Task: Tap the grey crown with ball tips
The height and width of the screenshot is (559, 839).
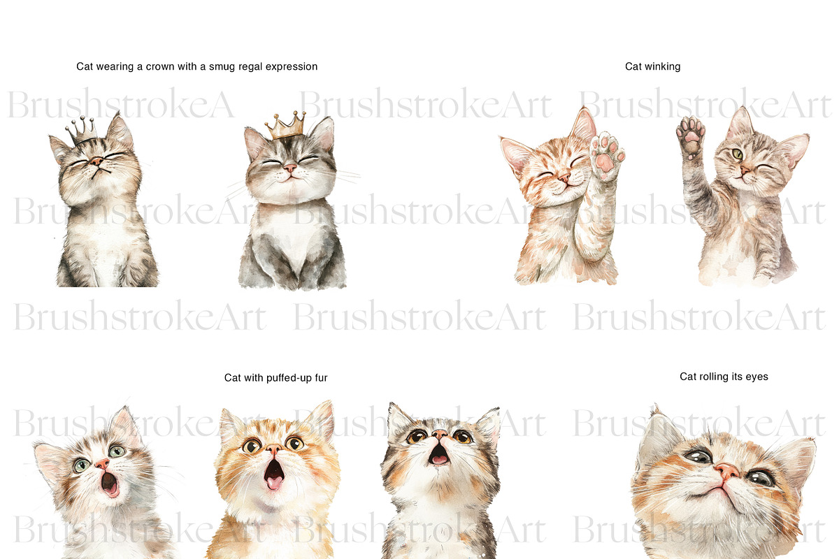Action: pyautogui.click(x=82, y=131)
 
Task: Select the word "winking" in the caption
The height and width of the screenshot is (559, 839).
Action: pyautogui.click(x=662, y=66)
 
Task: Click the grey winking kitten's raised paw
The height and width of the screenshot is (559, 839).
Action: pyautogui.click(x=691, y=136)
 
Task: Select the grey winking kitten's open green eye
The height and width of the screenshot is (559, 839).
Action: pyautogui.click(x=738, y=154)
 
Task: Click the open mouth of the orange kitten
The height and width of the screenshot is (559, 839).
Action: pyautogui.click(x=275, y=474)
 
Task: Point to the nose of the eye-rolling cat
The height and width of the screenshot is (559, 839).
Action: pyautogui.click(x=726, y=472)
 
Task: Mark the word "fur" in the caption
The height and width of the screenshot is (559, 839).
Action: pyautogui.click(x=321, y=378)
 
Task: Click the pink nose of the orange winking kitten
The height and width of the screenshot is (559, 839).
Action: pyautogui.click(x=564, y=179)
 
